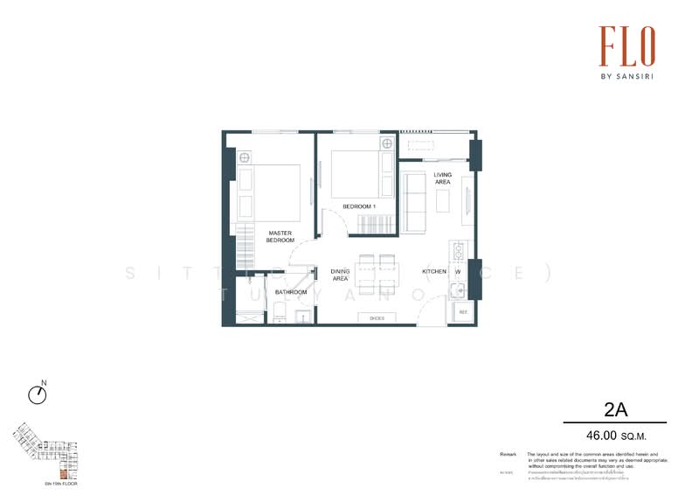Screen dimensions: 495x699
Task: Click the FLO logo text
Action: (626, 45)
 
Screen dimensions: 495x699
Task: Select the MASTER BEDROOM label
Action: (280, 236)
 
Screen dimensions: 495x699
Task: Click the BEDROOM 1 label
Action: (358, 206)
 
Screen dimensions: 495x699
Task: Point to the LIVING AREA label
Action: (443, 178)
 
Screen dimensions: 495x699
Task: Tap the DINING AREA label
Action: (341, 275)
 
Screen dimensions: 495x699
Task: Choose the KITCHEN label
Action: (435, 272)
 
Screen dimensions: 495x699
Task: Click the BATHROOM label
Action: (291, 292)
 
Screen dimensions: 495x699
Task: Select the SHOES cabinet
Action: (377, 318)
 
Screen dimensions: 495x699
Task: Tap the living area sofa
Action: (413, 202)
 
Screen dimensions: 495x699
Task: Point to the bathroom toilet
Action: (277, 311)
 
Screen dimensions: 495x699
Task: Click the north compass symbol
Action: (38, 394)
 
